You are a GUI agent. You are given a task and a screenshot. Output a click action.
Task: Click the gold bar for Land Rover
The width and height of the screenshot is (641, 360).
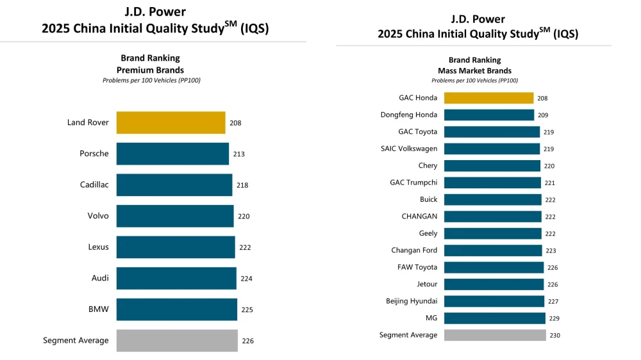[171, 122]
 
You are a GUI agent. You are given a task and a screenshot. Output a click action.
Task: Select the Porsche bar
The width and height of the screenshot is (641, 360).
[172, 154]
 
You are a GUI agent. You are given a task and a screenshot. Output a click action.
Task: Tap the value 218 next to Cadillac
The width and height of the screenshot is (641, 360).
[242, 185]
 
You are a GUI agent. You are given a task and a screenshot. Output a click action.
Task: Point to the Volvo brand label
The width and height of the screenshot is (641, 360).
[98, 216]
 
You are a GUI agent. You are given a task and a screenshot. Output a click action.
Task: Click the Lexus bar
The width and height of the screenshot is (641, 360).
[176, 247]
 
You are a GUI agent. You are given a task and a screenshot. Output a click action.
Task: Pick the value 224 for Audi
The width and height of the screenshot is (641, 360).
[247, 279]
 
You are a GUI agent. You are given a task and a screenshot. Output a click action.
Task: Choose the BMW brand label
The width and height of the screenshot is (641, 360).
[99, 309]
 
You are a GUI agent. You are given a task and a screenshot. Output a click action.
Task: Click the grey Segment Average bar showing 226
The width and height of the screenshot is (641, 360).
[177, 341]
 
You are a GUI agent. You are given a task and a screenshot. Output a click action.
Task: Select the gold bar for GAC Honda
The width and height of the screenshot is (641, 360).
[488, 98]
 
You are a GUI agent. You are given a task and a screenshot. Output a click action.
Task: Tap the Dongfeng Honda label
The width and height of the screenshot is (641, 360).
[408, 115]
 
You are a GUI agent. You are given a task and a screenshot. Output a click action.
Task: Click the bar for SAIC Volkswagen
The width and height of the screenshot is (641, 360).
[492, 149]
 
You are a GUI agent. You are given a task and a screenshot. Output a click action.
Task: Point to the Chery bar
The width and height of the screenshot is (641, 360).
[492, 166]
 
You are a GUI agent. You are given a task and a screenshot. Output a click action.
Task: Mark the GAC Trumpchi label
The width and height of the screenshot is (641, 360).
[413, 183]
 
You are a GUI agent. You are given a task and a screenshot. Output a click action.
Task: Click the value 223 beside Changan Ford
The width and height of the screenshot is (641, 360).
[551, 250]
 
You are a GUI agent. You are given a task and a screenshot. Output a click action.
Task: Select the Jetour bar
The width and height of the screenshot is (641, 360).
[494, 284]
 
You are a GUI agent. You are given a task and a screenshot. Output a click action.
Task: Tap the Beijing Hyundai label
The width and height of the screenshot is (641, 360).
[412, 301]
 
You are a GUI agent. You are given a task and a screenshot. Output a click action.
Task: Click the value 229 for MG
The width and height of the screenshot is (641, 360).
[554, 318]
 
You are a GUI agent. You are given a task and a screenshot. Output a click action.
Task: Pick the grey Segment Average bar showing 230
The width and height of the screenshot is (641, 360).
[495, 335]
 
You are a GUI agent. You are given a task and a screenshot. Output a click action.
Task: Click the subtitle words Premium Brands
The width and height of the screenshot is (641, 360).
[150, 70]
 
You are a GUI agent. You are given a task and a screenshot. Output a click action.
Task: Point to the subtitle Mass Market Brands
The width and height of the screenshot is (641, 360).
[474, 70]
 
